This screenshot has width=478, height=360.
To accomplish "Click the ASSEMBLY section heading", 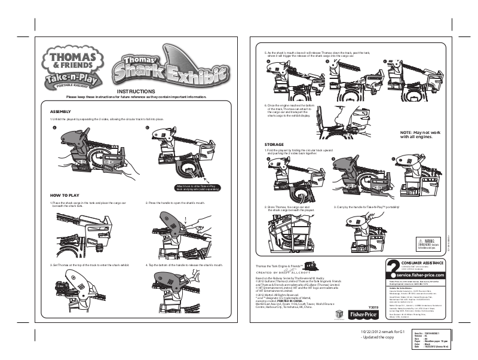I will point(61,112).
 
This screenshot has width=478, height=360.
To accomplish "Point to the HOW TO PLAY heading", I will point(65,196).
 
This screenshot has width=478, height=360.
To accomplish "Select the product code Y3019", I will point(373,307).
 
